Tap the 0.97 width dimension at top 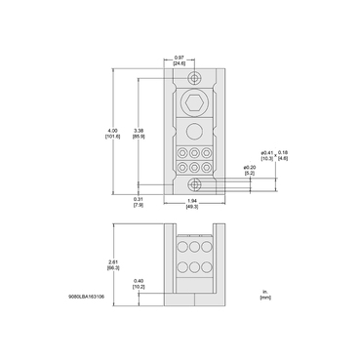click(179, 58)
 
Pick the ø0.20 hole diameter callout click(248, 168)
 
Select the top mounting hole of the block click(195, 79)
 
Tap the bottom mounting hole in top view click(195, 182)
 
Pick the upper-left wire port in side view click(180, 250)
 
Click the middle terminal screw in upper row click(194, 153)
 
